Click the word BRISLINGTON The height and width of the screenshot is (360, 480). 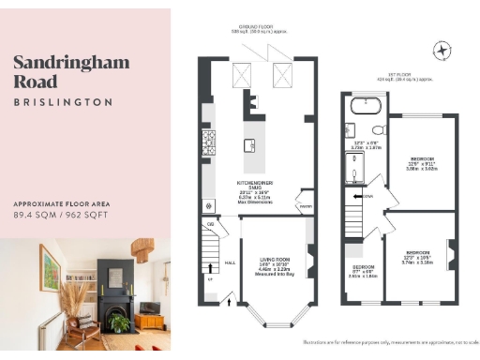tap(64, 101)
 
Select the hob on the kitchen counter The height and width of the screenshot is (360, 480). tap(208, 142)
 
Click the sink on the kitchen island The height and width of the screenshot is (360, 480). tap(250, 144)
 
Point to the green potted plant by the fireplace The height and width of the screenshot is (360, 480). tap(119, 322)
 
